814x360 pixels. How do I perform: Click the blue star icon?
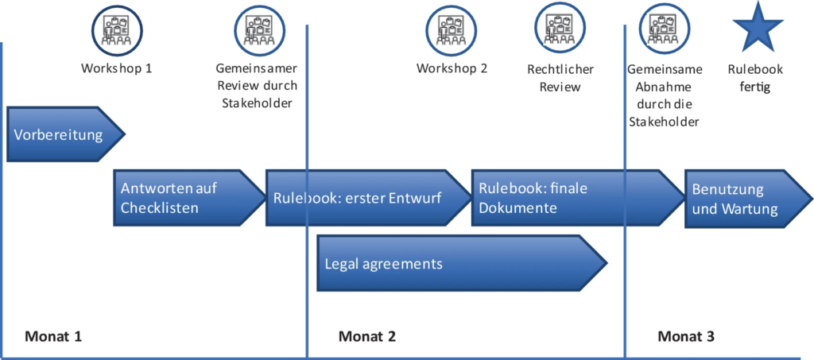tap(757, 27)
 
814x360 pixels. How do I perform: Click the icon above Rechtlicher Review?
tap(560, 27)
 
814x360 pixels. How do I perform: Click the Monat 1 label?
tap(53, 336)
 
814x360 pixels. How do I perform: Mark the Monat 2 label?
tap(366, 336)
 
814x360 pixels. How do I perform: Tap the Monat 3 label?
tap(686, 336)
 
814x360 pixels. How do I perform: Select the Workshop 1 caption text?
tap(116, 68)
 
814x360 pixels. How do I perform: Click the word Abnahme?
tap(665, 87)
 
